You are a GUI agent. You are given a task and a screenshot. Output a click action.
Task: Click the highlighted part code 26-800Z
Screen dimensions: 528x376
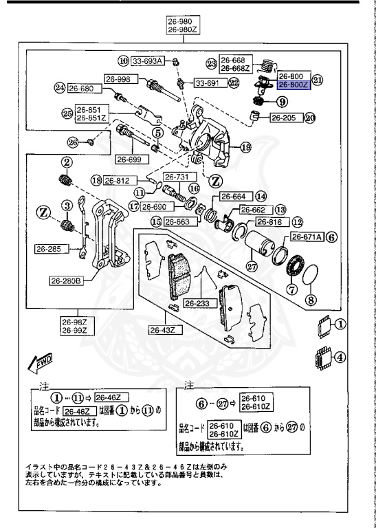coord(294,86)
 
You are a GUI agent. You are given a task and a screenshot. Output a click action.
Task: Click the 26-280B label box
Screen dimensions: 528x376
coord(66,280)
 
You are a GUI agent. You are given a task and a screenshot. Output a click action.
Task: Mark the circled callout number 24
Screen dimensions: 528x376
coord(60,88)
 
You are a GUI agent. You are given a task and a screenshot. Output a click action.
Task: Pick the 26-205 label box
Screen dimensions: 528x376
coord(281,118)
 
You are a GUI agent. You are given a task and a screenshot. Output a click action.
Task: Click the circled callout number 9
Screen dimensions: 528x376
coord(282,102)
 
